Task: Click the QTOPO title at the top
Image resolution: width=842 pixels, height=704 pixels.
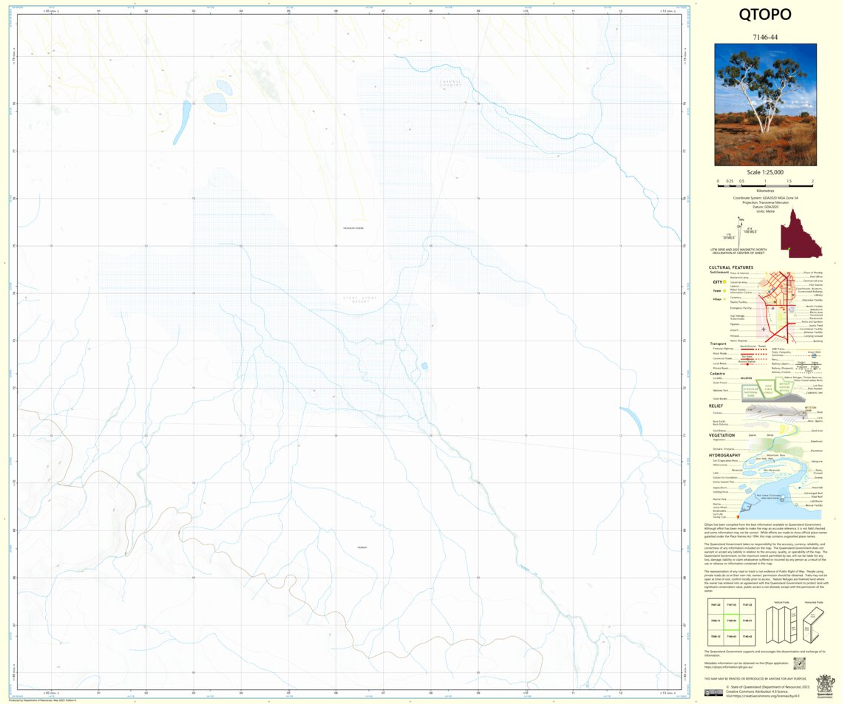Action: coord(764,16)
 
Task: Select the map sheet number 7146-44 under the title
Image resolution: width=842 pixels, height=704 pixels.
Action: coord(764,36)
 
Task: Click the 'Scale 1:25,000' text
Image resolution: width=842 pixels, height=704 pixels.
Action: coord(765,171)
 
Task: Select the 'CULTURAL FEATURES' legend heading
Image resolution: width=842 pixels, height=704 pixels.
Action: coord(730,267)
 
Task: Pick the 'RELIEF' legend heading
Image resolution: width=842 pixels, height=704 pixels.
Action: coord(716,406)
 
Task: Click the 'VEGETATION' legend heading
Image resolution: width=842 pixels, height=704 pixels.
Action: coord(722,435)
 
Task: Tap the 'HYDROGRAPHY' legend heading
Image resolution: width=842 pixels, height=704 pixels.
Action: coord(725,456)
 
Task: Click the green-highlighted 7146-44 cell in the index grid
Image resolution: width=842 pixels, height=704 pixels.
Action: coord(730,621)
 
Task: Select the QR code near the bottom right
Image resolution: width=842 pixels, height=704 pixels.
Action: coord(798,664)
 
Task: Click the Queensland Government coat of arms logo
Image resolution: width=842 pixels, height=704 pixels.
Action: coord(824,684)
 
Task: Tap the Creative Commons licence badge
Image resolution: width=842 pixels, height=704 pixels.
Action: coord(713,693)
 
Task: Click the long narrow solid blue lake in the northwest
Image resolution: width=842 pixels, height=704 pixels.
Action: coord(182,123)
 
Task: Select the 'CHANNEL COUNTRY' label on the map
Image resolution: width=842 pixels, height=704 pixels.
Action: coord(448,83)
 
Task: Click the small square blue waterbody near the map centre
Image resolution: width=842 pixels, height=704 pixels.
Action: coord(424,366)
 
